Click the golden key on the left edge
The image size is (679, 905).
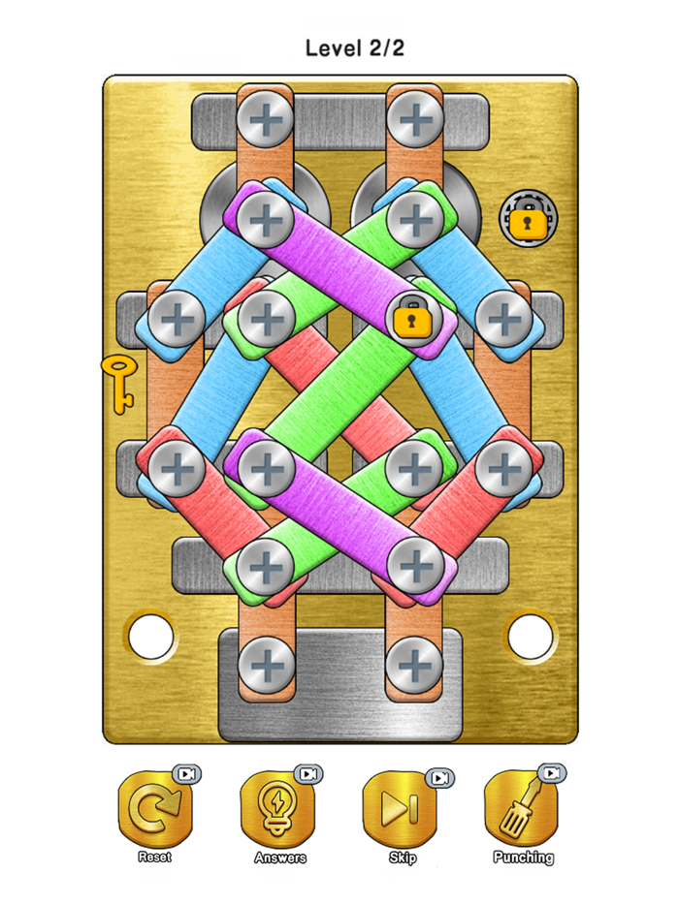pos(119,383)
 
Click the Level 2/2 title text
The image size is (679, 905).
pos(354,47)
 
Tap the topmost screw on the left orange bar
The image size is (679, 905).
pos(265,119)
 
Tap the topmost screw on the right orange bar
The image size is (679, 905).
pos(416,119)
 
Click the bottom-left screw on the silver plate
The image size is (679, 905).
pos(265,665)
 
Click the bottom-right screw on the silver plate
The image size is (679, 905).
pos(414,665)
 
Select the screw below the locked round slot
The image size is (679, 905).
pos(502,317)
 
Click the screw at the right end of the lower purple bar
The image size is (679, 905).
pos(415,562)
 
